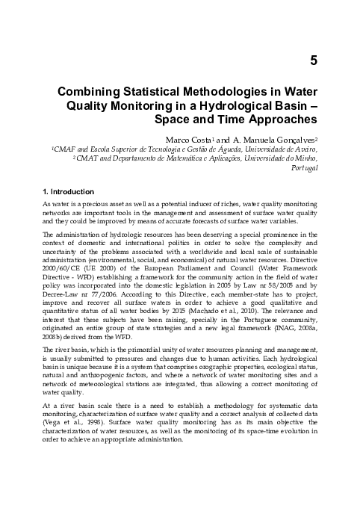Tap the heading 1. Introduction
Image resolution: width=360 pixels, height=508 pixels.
tap(69, 191)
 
